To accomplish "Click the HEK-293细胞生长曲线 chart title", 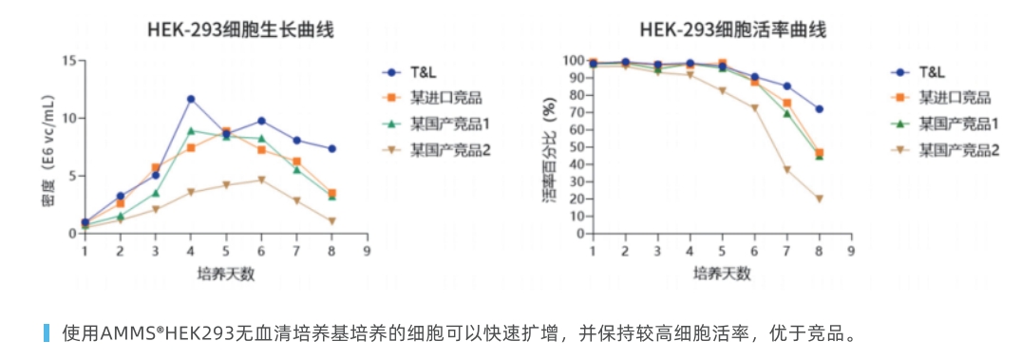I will click(240, 29).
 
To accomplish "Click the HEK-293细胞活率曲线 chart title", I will click(732, 29).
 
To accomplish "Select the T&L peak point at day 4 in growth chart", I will click(191, 99).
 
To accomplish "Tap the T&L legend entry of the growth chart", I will click(423, 72).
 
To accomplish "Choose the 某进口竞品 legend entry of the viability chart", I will click(954, 98).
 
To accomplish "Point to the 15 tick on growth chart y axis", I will click(68, 61).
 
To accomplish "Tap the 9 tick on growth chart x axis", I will click(367, 251).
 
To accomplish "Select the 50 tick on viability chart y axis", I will click(576, 146).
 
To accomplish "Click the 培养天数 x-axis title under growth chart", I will click(225, 275).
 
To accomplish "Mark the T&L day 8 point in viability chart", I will click(819, 109).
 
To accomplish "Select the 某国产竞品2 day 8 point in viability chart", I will click(819, 199).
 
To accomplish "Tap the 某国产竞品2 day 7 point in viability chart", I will click(786, 170).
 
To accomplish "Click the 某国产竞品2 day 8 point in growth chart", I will click(331, 221).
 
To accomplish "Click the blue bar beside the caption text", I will click(46, 332).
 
